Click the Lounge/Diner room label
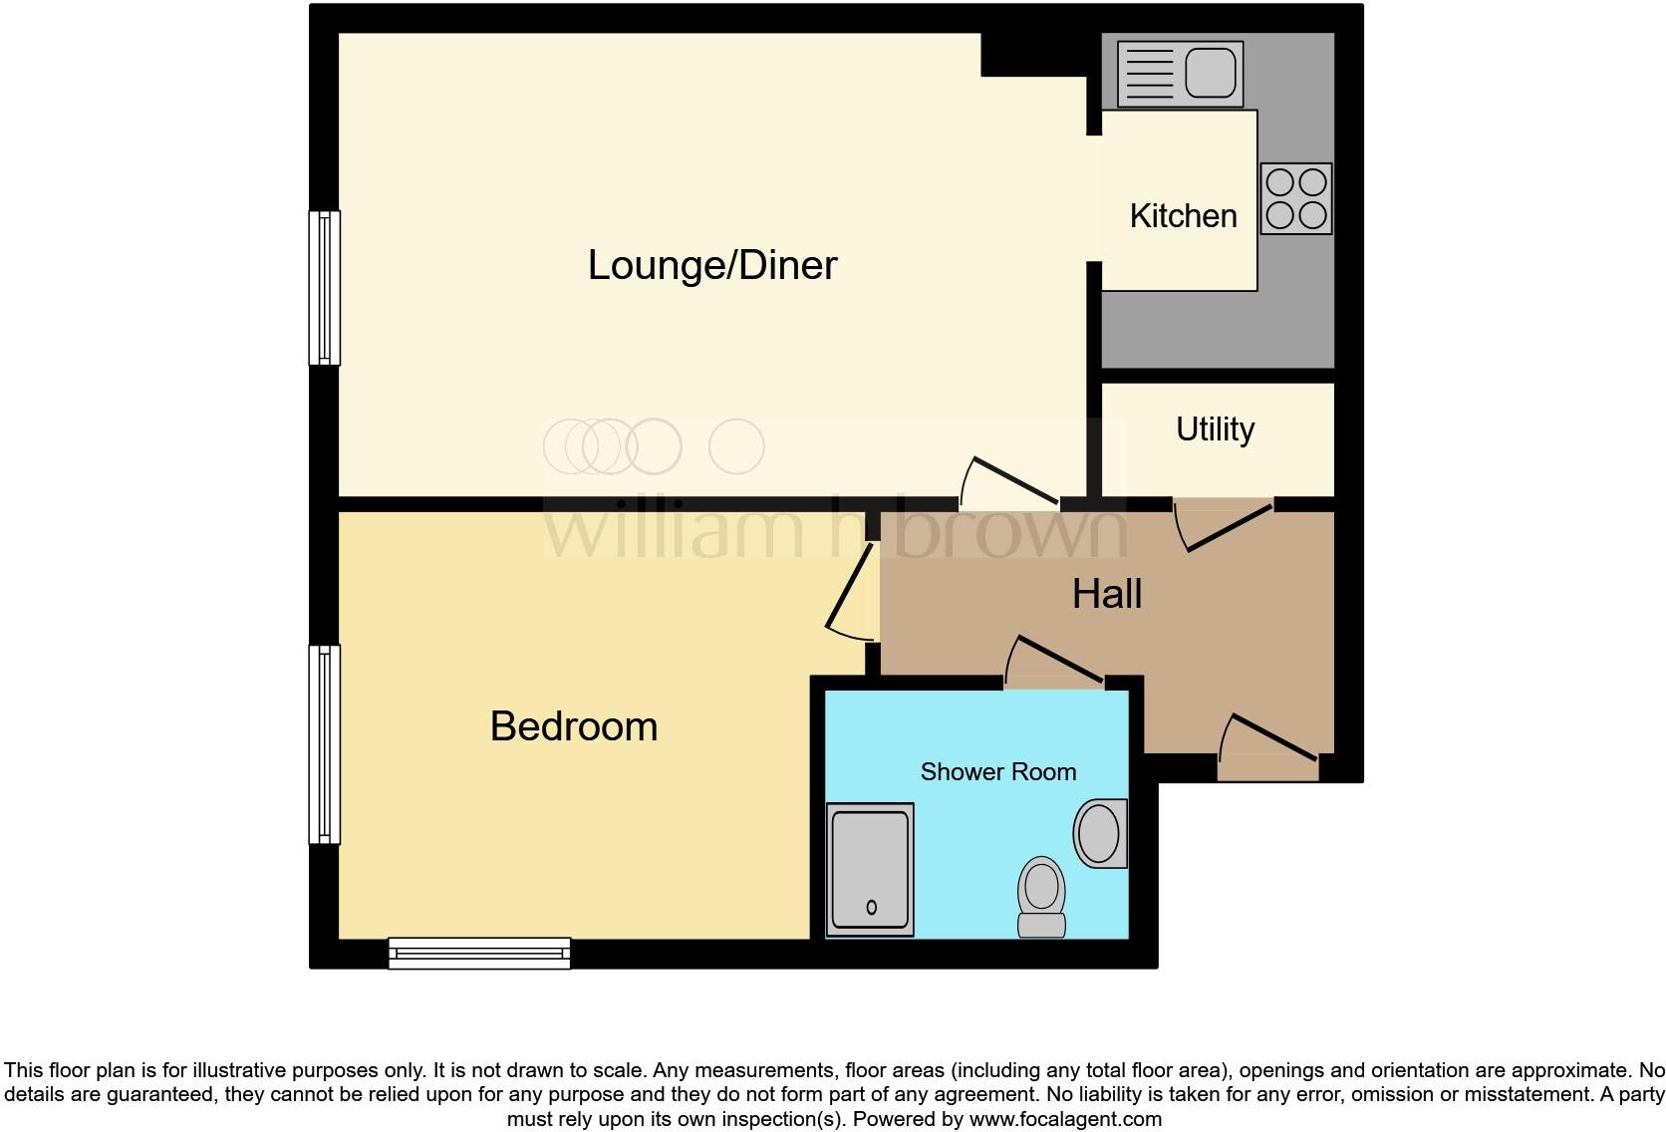tap(711, 265)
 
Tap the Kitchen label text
tap(1183, 216)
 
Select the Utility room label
tap(1215, 429)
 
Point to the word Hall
tap(1106, 594)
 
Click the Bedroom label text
tap(574, 726)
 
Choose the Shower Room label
tap(997, 772)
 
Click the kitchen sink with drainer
tap(1180, 73)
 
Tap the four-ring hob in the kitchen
tap(1295, 198)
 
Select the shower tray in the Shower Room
tap(870, 869)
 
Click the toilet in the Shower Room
tap(1041, 896)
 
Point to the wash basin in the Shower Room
tap(1100, 833)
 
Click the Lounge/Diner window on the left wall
tap(324, 287)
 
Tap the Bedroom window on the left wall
tap(324, 744)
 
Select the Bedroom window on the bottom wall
tap(479, 953)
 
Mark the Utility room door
tap(1224, 524)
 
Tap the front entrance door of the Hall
tap(1267, 747)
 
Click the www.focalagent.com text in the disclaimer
tap(1064, 1119)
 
